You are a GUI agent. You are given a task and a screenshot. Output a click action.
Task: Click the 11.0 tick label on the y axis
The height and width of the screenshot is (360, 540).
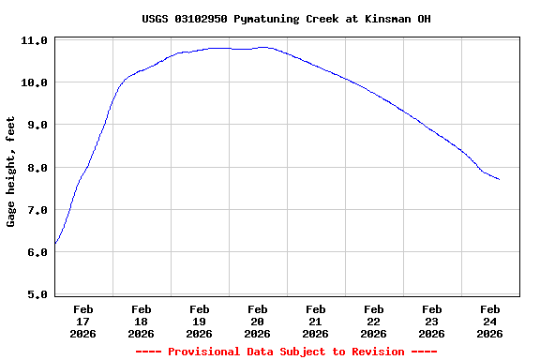[x=35, y=41]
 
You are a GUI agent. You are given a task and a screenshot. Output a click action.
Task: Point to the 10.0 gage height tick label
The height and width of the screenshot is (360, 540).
[x=35, y=83]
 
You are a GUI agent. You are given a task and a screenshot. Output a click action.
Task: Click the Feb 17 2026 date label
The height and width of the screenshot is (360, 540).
[x=82, y=321]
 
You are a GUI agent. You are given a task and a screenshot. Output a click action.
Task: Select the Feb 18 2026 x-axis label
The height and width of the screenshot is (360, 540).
[x=141, y=321]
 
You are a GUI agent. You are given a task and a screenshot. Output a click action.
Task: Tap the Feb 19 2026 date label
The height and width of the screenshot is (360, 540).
[x=199, y=321]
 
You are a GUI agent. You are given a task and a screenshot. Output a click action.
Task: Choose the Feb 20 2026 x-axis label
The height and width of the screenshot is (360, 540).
[x=257, y=321]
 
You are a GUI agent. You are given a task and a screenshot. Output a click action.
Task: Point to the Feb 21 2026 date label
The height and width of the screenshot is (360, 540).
[x=315, y=321]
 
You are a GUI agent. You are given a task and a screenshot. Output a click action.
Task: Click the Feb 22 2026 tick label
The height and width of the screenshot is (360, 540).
[x=373, y=321]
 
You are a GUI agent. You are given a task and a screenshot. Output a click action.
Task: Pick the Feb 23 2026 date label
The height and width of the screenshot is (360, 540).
[x=431, y=321]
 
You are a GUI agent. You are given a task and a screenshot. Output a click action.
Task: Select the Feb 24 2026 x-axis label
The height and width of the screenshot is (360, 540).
[x=489, y=321]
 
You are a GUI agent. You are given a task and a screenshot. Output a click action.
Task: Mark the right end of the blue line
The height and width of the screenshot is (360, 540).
[x=499, y=179]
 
